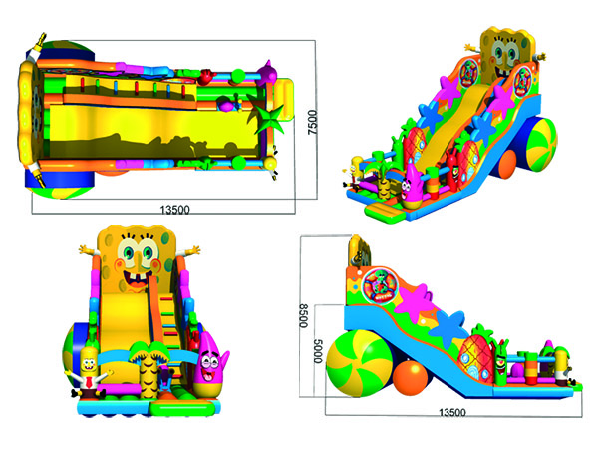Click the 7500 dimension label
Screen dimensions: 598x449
click(x=312, y=122)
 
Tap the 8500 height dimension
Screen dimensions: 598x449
click(x=303, y=315)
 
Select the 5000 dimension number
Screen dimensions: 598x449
click(x=318, y=351)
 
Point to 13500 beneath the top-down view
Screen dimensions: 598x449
click(x=174, y=210)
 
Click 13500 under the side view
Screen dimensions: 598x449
click(x=452, y=412)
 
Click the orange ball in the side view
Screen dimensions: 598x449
click(x=411, y=378)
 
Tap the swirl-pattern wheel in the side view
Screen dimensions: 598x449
click(x=359, y=364)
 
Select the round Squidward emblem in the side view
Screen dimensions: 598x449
click(x=380, y=285)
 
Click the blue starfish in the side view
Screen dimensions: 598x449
click(x=451, y=328)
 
